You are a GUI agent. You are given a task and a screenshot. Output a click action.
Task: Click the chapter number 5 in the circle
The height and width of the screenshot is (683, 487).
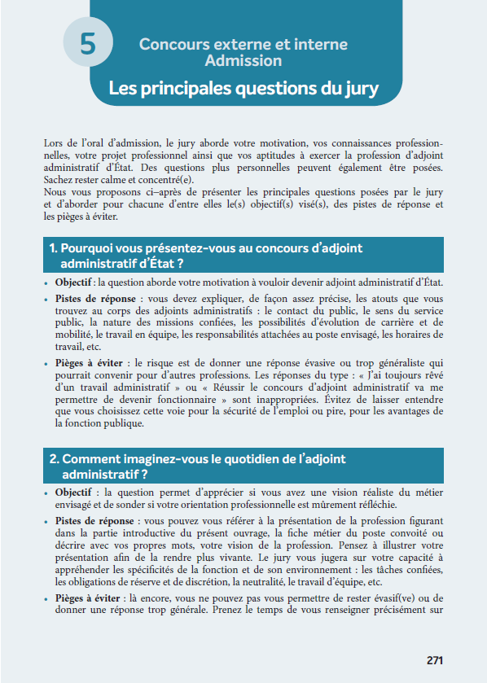87,45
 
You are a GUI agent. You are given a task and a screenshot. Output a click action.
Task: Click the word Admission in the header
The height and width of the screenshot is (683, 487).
243,61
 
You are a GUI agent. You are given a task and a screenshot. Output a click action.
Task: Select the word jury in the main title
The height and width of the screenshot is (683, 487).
355,88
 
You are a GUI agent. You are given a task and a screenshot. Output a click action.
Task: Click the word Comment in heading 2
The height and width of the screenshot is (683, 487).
89,459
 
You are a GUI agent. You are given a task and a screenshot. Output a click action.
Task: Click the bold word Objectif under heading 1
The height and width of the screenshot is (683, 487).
73,282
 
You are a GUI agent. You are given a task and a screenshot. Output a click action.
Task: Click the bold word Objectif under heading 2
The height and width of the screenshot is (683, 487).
73,493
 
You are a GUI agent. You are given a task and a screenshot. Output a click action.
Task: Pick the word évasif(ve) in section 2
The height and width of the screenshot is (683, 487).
394,598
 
